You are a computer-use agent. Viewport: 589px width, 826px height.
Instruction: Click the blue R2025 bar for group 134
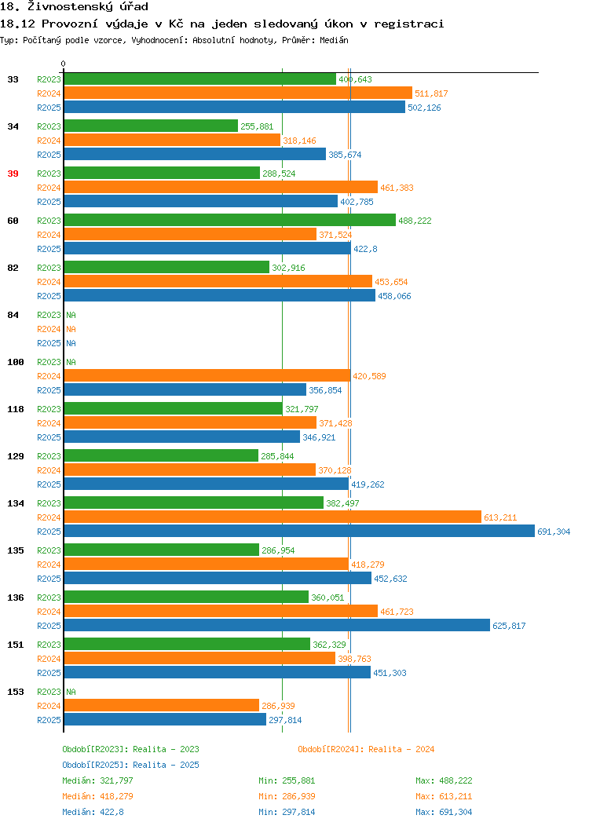[x=299, y=531]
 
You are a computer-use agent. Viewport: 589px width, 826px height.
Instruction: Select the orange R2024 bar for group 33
[x=238, y=93]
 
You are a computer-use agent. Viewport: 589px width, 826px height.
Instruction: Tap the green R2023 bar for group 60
[x=229, y=220]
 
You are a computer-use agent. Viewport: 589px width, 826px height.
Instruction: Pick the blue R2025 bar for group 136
[x=277, y=625]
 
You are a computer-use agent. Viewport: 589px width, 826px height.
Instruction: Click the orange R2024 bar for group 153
[x=162, y=705]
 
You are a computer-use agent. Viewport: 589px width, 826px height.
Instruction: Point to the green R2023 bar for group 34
[x=152, y=126]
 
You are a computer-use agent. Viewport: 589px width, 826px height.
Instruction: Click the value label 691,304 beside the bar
[x=554, y=532]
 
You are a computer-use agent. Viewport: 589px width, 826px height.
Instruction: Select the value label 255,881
[x=257, y=126]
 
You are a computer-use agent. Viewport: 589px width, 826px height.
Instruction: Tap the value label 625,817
[x=509, y=626]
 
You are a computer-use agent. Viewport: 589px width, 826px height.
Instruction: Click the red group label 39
[x=13, y=174]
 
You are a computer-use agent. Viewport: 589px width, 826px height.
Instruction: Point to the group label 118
[x=15, y=409]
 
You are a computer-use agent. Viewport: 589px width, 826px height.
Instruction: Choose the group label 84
[x=13, y=315]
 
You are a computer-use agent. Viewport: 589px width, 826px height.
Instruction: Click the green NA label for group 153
[x=71, y=692]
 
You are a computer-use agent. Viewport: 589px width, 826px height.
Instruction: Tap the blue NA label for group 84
[x=71, y=343]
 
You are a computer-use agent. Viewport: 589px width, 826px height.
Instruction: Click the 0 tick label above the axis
[x=64, y=64]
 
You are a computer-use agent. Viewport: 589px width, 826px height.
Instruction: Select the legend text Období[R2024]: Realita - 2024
[x=366, y=749]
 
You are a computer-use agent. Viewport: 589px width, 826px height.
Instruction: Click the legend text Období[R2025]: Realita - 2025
[x=130, y=765]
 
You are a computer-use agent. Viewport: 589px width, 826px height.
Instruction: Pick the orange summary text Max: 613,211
[x=444, y=796]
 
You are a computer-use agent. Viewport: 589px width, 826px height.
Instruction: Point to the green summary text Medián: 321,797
[x=97, y=780]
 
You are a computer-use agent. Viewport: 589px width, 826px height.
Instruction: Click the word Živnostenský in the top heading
[x=70, y=7]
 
